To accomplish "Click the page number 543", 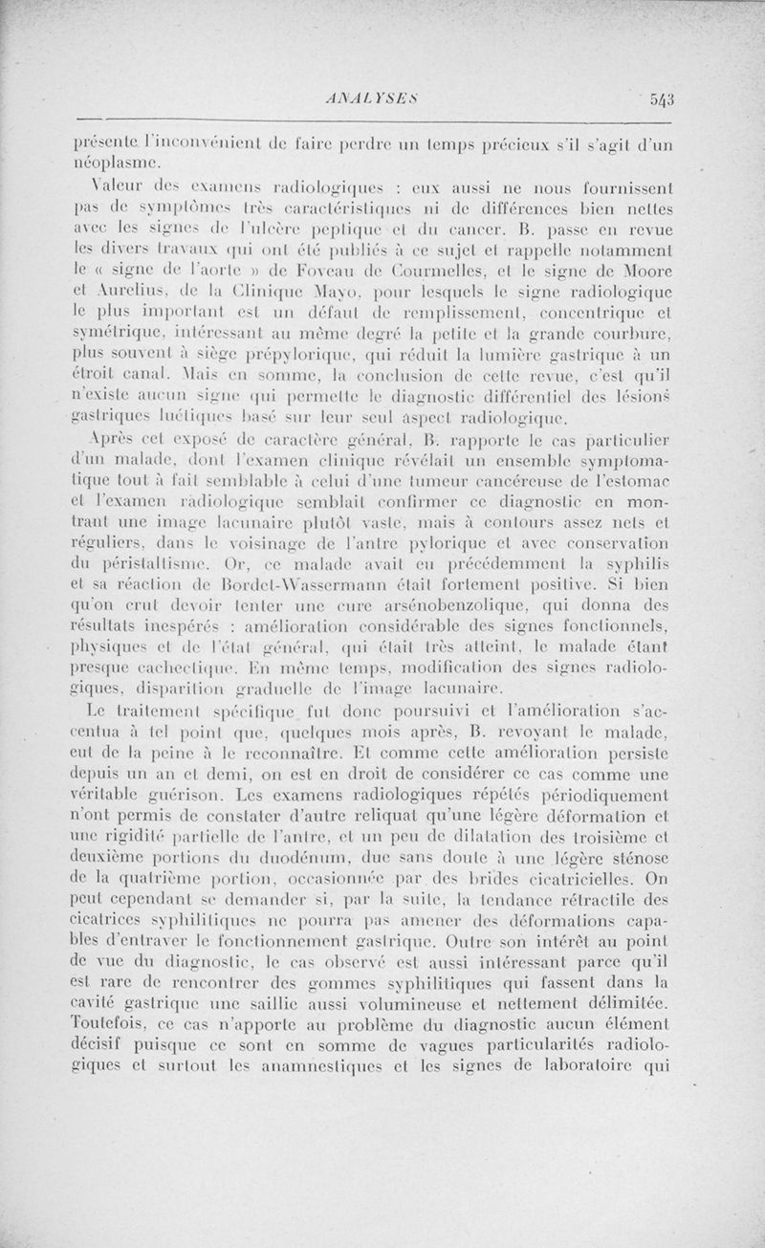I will [660, 97].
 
